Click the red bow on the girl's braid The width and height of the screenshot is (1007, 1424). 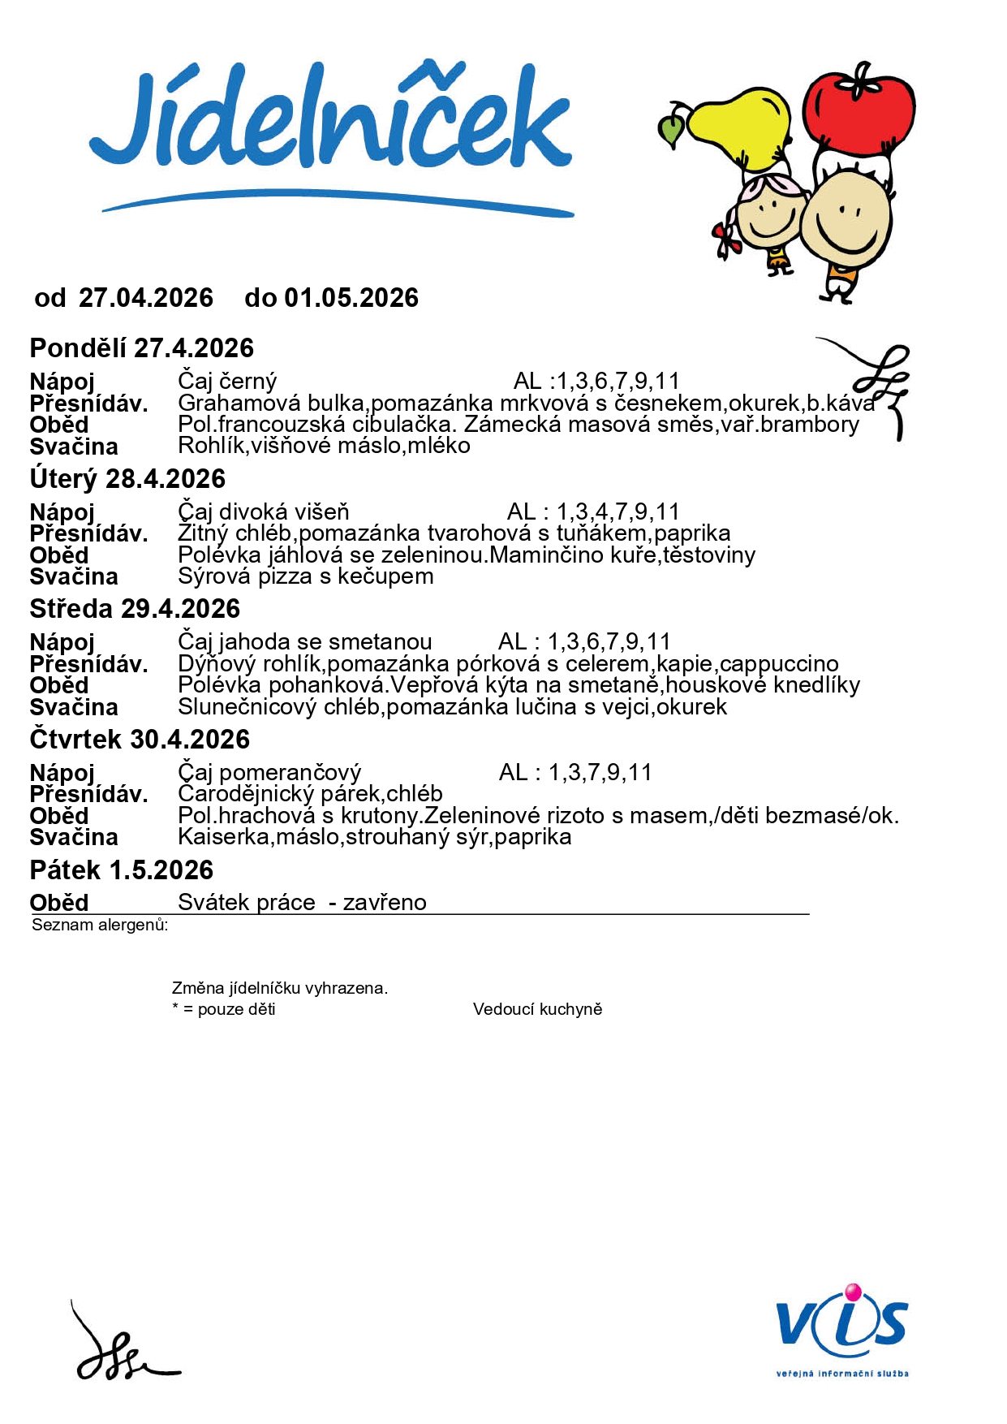click(x=727, y=239)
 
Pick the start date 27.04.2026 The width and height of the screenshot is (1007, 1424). click(x=146, y=298)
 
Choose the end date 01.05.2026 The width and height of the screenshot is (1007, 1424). click(x=351, y=298)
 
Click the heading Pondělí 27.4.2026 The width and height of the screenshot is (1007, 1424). click(x=142, y=348)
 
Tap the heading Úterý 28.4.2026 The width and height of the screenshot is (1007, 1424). click(x=127, y=479)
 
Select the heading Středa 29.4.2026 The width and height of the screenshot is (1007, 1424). click(x=135, y=609)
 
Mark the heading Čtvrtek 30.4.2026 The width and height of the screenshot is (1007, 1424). click(x=140, y=740)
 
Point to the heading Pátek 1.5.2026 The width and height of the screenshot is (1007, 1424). click(x=122, y=870)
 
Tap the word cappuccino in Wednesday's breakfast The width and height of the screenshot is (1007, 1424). click(x=779, y=664)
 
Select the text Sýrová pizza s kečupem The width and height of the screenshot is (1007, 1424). click(x=306, y=576)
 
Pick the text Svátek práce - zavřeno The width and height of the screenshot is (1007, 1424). click(x=302, y=903)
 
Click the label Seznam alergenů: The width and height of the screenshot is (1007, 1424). click(x=100, y=925)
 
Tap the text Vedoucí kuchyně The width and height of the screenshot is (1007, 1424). click(x=537, y=1009)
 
